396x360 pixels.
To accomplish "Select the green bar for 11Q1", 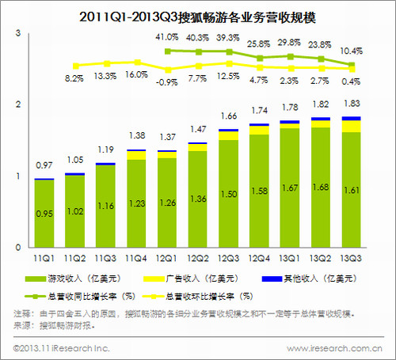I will point(44,214).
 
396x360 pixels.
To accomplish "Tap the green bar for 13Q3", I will point(350,190).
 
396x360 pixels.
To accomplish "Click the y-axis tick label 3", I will point(17,32).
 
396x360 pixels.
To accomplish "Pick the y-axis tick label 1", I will point(17,176).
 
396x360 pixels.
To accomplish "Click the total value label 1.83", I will point(350,104).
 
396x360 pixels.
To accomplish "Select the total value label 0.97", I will point(44,165).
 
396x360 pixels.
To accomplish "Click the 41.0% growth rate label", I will point(166,37).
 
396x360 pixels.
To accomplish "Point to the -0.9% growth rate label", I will point(166,81).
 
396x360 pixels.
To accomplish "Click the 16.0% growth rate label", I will point(136,74).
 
